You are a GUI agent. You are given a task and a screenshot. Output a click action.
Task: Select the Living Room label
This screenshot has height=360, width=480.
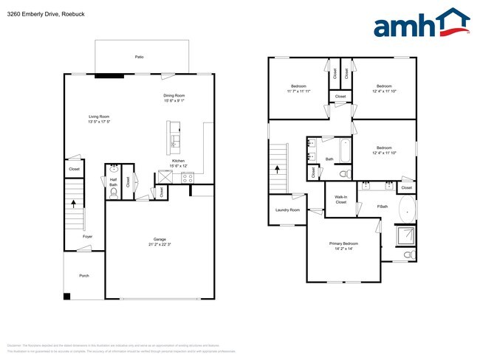click(99, 119)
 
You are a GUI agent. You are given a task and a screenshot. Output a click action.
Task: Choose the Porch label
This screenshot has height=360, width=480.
click(84, 276)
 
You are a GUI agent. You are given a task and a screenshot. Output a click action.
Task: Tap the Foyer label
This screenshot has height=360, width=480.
click(87, 236)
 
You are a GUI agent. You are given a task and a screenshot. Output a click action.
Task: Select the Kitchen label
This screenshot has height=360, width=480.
click(178, 163)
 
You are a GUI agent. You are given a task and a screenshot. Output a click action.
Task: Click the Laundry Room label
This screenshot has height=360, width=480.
click(288, 210)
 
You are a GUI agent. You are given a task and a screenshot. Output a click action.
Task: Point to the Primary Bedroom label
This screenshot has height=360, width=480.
click(344, 246)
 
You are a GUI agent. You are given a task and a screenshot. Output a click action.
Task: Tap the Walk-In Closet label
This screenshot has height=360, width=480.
click(340, 200)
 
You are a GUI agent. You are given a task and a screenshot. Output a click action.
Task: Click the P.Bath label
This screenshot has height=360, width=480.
click(383, 207)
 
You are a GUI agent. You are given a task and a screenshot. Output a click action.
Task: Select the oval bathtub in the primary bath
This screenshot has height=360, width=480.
click(408, 210)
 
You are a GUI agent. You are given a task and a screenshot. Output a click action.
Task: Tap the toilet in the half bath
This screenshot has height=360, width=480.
click(113, 193)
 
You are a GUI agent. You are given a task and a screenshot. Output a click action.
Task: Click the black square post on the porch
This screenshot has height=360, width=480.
click(67, 297)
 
